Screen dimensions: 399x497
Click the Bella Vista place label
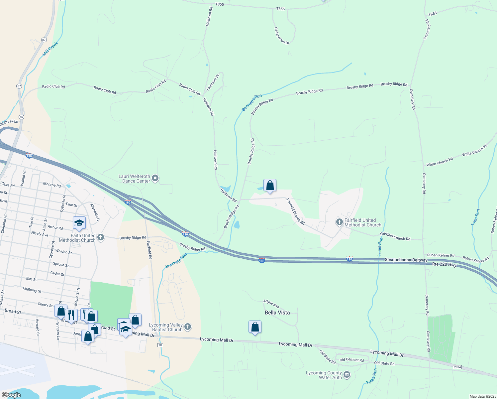(x=277, y=313)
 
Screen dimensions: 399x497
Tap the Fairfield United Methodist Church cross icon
(x=339, y=222)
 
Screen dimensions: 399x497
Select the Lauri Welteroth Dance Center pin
(x=155, y=179)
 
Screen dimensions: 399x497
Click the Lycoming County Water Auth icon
(x=347, y=375)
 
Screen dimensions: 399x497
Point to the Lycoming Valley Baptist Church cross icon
(x=187, y=327)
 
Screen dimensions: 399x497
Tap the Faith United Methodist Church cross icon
(x=101, y=237)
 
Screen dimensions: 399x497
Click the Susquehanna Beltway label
(x=406, y=260)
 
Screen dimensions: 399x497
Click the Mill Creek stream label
(x=50, y=49)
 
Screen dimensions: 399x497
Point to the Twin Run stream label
(x=475, y=217)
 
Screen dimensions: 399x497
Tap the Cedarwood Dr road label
(x=282, y=36)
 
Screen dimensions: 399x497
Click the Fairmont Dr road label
(x=213, y=82)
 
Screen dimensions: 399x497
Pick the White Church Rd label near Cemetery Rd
(x=440, y=162)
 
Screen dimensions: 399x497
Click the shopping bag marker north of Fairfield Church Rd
(x=270, y=186)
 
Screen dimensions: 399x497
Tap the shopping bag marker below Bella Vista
(x=255, y=327)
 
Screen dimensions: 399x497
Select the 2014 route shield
(x=457, y=367)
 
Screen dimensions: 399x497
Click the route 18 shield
(x=160, y=345)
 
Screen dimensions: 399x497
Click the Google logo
(x=11, y=395)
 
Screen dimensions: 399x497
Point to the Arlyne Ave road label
(x=271, y=304)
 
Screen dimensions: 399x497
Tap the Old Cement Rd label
(x=351, y=360)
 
